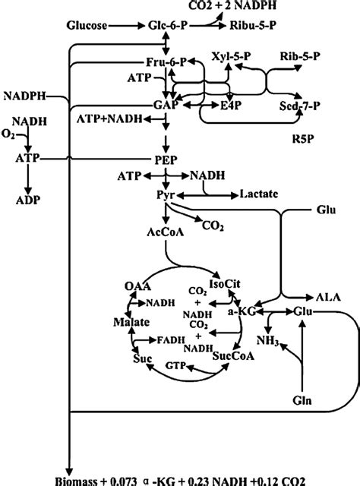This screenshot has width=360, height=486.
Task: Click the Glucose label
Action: [x=87, y=25]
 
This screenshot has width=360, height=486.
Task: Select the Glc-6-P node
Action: [x=168, y=25]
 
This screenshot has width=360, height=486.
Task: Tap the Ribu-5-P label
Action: [x=251, y=25]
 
